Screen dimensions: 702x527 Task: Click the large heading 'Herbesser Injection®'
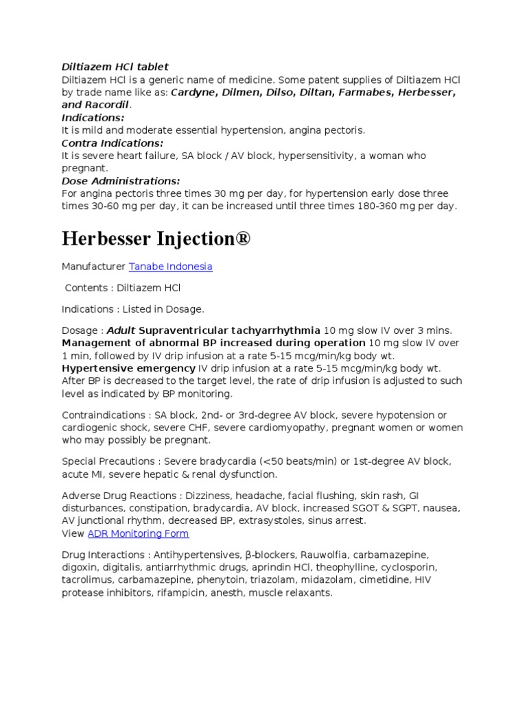click(x=156, y=239)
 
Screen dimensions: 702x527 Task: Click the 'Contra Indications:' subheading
click(x=113, y=143)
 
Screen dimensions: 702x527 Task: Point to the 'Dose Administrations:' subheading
click(x=121, y=181)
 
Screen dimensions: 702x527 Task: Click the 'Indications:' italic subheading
click(x=93, y=117)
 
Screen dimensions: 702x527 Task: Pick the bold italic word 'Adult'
click(x=121, y=330)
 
